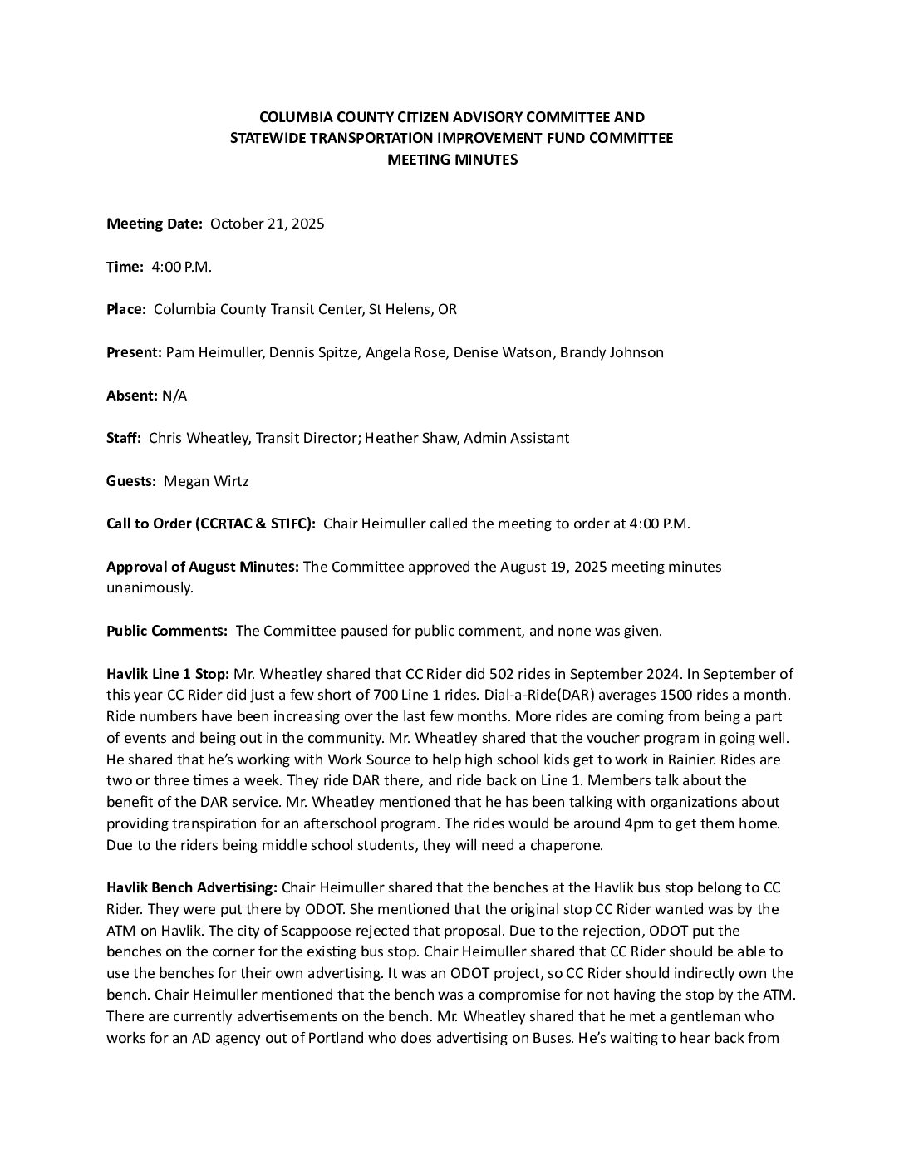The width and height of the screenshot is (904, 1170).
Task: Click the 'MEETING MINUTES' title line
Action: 452,160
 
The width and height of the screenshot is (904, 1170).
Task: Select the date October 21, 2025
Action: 267,224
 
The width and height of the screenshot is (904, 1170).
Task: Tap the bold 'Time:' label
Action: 125,267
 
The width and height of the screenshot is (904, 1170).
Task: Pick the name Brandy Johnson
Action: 612,352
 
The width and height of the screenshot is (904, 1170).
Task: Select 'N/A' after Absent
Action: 174,396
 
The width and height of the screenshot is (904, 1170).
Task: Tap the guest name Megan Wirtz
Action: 206,481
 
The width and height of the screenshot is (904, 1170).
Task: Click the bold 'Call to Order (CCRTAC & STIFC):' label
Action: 211,524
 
